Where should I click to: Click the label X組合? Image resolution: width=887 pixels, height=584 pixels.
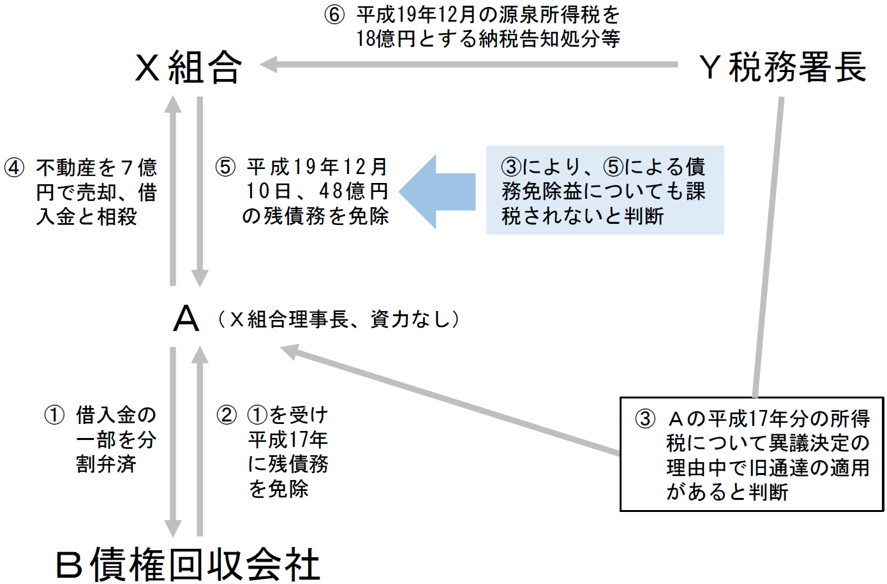(x=188, y=67)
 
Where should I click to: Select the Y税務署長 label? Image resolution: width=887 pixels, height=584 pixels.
(x=782, y=67)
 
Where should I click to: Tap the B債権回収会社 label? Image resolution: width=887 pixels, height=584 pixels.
(x=188, y=564)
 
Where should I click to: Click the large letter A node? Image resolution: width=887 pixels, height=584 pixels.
(x=186, y=318)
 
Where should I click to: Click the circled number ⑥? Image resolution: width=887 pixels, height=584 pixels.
(x=334, y=15)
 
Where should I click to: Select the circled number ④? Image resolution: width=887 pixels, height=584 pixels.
(x=14, y=168)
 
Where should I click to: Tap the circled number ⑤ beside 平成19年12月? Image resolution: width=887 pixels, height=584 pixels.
(x=225, y=167)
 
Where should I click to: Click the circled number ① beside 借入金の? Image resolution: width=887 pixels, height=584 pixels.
(x=54, y=415)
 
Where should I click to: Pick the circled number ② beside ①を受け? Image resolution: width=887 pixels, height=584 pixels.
(x=226, y=415)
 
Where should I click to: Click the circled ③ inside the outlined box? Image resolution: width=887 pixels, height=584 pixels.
(x=645, y=419)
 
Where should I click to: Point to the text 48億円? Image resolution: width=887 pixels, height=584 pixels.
(x=354, y=191)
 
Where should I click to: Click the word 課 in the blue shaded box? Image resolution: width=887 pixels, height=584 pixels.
(x=696, y=191)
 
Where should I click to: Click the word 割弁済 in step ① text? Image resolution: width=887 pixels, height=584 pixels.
(x=106, y=464)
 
